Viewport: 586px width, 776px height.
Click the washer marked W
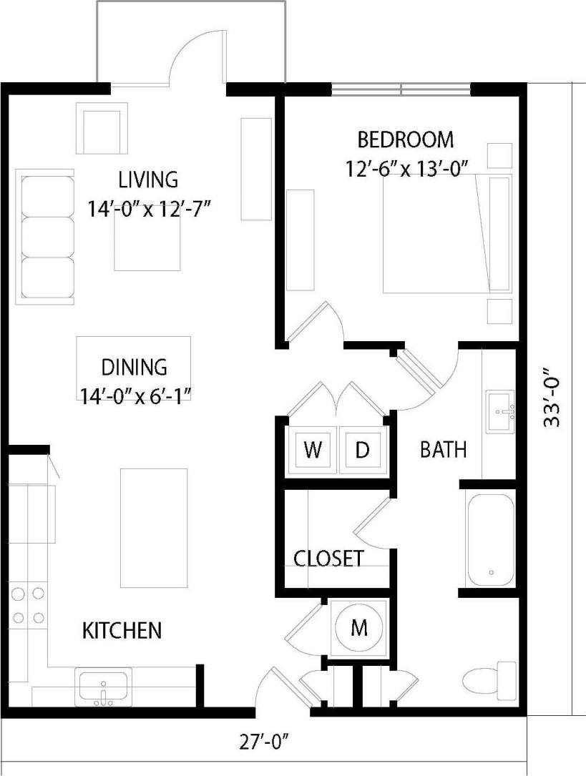pos(312,451)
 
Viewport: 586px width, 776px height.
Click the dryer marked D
pos(363,451)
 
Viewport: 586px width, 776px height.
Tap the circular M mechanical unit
pos(359,628)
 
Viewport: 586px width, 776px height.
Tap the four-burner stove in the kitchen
pos(28,604)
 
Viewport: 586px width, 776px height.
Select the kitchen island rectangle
pos(154,527)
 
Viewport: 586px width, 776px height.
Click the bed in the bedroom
pos(447,233)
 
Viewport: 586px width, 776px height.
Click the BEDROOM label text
pos(406,139)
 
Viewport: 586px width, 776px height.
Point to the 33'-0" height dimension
pos(552,398)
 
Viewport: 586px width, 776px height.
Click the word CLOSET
pos(329,559)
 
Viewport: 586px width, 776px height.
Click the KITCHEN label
pos(122,631)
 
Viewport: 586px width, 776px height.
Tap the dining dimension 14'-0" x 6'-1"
pos(134,393)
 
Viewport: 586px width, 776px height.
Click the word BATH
pos(443,450)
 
